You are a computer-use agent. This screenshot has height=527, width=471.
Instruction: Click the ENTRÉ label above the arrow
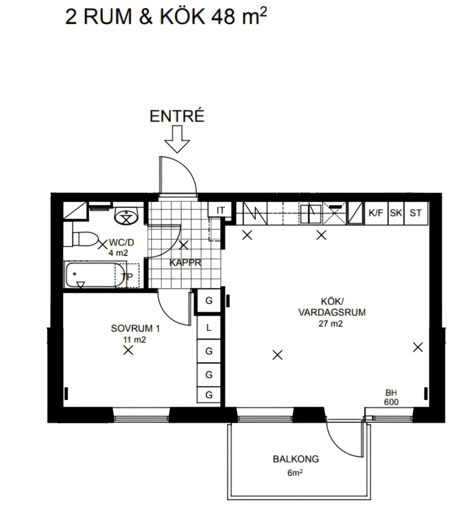177,116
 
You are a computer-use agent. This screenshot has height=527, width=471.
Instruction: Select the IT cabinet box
220,210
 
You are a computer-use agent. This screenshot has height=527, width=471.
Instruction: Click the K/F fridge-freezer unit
376,213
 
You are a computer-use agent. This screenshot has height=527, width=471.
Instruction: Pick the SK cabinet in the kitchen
396,213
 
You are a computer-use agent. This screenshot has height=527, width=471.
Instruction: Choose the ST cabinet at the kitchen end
416,213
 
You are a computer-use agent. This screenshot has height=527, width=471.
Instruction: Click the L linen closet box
209,327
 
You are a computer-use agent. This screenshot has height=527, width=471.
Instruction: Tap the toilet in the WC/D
84,239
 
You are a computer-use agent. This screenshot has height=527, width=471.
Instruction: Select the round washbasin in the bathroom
126,216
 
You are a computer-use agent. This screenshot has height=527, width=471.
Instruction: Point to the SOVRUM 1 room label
135,328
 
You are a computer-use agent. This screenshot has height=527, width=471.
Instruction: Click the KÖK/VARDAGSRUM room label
332,307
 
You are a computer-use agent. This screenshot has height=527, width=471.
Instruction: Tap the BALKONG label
296,459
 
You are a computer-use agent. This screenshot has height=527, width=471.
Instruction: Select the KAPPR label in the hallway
185,263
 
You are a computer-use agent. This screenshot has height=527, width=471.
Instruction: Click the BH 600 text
391,397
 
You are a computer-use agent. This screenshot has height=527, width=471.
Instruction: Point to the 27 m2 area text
331,324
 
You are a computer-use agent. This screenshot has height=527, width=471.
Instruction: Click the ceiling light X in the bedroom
128,350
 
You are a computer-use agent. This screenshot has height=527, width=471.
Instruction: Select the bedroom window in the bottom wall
141,415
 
